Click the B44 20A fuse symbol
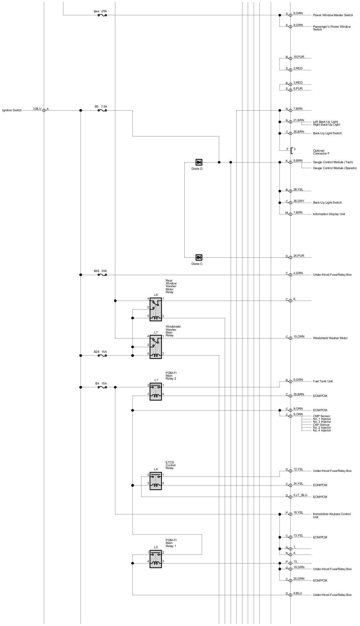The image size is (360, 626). tap(102, 15)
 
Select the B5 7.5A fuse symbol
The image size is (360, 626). tap(102, 110)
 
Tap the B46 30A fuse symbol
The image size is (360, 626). tap(102, 275)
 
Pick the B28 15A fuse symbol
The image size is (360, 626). tap(102, 355)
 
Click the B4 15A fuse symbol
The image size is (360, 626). tap(102, 387)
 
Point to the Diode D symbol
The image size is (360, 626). tap(199, 162)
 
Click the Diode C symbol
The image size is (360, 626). tap(199, 257)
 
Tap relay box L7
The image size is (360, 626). tap(155, 347)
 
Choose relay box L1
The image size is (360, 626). tap(155, 391)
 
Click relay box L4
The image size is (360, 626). tap(155, 481)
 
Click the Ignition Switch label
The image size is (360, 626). tap(12, 110)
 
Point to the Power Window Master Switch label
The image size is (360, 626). tap(333, 15)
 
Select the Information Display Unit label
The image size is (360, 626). tap(329, 214)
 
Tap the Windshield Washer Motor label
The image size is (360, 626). tap(330, 338)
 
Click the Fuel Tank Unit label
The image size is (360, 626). tap(322, 381)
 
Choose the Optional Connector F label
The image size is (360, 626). tap(321, 152)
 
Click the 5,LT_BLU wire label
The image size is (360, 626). tap(300, 495)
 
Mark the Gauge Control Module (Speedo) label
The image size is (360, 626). tap(335, 168)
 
